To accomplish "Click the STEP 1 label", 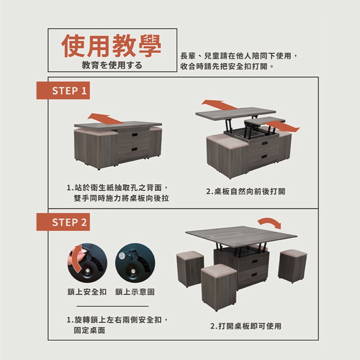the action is pyautogui.click(x=63, y=90).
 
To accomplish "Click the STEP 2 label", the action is pyautogui.click(x=63, y=222).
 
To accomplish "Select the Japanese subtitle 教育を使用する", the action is pyautogui.click(x=112, y=66).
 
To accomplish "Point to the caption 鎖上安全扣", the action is pyautogui.click(x=87, y=292).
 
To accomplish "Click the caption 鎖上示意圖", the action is pyautogui.click(x=135, y=292).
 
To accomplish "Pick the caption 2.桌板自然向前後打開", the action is pyautogui.click(x=246, y=191).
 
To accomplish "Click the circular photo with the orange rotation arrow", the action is pyautogui.click(x=87, y=263).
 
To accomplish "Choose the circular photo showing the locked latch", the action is pyautogui.click(x=135, y=263).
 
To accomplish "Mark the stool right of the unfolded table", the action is pyautogui.click(x=292, y=266).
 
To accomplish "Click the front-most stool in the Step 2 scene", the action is pyautogui.click(x=219, y=287).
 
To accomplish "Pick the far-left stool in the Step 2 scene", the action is pyautogui.click(x=190, y=269).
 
